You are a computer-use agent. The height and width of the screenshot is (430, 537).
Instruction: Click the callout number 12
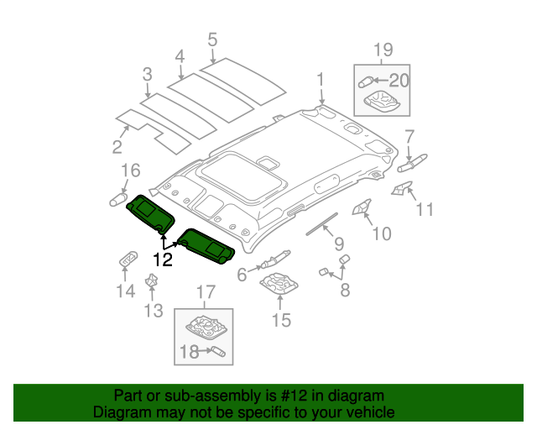point(162,260)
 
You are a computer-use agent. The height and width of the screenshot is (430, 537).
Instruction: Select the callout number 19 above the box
point(382,51)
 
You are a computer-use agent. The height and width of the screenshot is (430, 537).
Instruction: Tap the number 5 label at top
point(212,39)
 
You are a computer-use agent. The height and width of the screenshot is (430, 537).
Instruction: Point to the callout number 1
point(321,80)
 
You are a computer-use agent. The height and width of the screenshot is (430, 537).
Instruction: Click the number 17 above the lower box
point(206,292)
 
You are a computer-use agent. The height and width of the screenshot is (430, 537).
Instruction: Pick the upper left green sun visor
point(149,213)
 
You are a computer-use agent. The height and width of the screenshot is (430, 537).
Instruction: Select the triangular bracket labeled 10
point(362,207)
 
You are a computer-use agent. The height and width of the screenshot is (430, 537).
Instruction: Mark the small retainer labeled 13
point(153,281)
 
